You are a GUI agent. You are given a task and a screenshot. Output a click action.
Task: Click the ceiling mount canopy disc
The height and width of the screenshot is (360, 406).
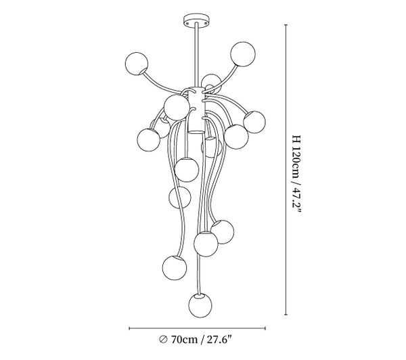pos(196,20)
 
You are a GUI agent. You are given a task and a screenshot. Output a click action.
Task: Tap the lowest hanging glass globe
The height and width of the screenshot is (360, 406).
pos(200,305)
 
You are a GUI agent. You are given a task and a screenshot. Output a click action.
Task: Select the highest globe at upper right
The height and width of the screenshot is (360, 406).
pos(243,54)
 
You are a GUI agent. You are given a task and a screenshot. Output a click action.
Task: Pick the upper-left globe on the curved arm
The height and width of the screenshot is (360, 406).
pos(137,64)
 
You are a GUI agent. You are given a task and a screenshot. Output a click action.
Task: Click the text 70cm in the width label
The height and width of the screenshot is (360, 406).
pos(184,339)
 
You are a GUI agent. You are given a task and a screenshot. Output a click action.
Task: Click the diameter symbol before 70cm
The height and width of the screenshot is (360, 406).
pos(163,339)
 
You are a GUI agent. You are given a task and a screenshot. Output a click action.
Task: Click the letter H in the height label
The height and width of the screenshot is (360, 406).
pos(296,138)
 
